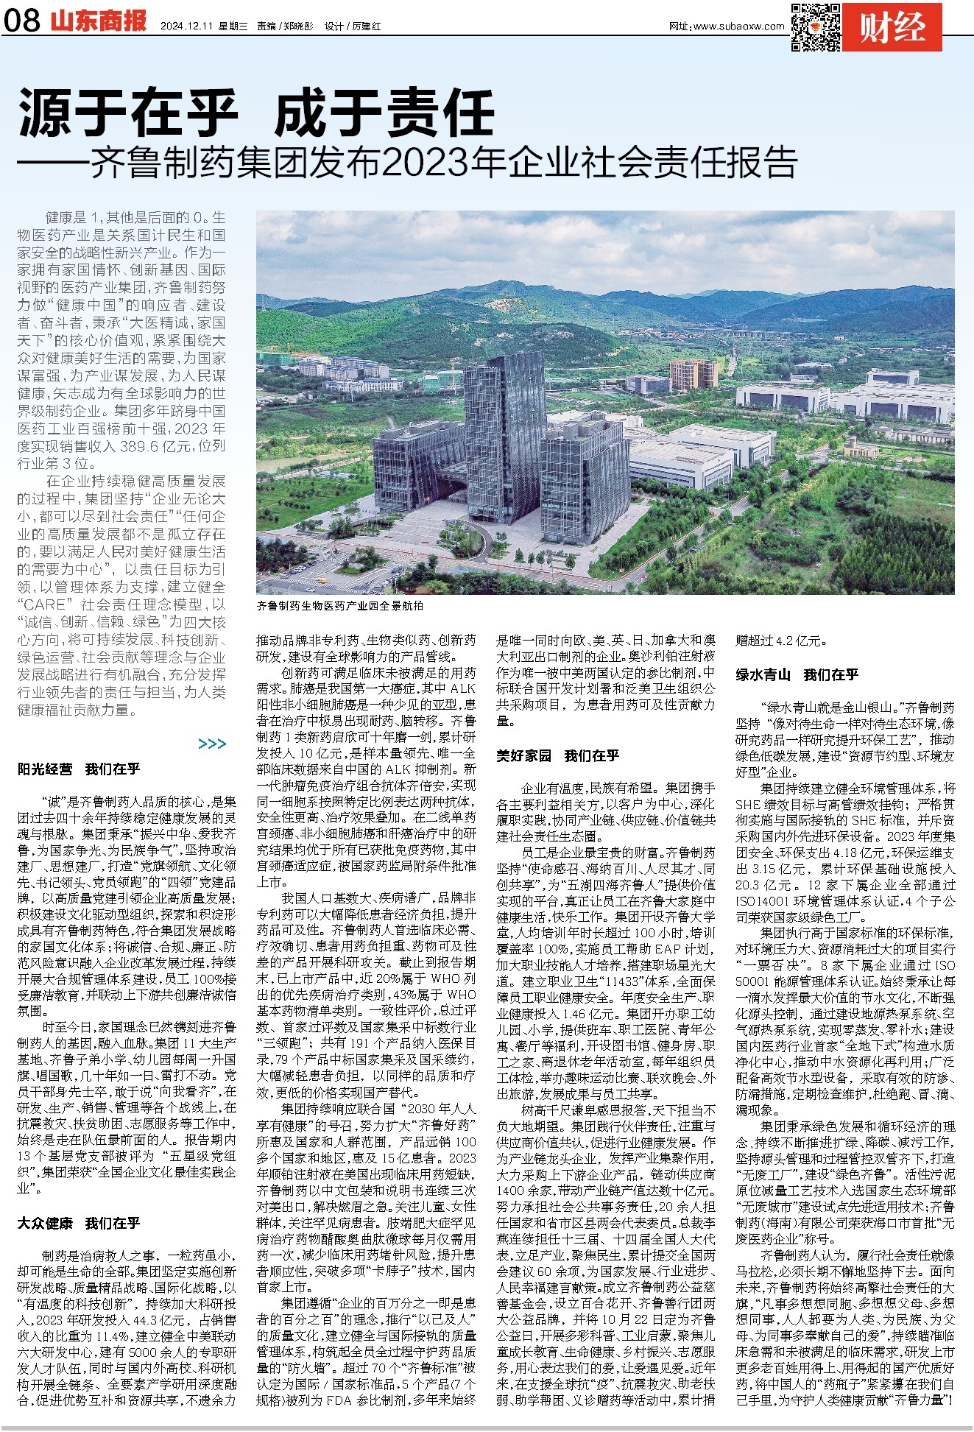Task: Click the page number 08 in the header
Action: pos(22,21)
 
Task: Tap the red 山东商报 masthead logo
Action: pos(99,21)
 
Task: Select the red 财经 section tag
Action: pos(892,27)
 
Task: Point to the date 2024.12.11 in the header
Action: pos(186,26)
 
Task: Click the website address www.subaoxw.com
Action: pos(738,27)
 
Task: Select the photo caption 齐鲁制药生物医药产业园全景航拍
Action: pos(340,605)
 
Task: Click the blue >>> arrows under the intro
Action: pos(212,744)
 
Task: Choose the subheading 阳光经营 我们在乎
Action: pos(79,769)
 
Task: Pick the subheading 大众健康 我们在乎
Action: pos(79,1223)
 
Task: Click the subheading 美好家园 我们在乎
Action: pos(557,755)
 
